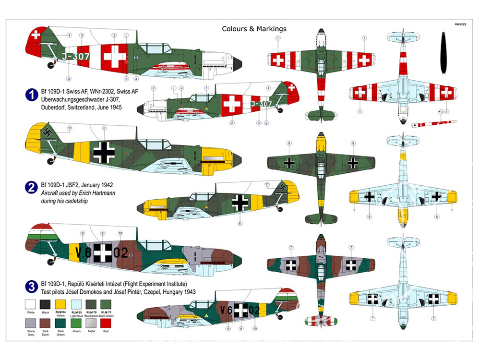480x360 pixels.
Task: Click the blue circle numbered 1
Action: point(31,95)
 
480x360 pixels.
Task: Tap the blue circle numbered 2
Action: point(31,188)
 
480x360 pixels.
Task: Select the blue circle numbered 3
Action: point(31,288)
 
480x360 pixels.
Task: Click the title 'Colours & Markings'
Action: point(254,29)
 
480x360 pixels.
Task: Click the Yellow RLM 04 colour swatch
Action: point(60,304)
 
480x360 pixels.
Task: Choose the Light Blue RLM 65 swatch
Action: point(76,304)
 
